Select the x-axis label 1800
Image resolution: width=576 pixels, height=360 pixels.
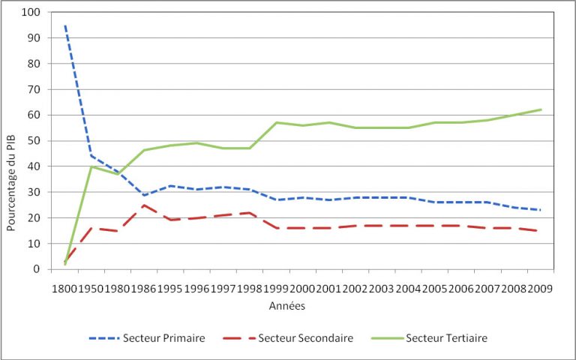pos(64,288)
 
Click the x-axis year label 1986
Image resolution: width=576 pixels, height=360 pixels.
pos(144,288)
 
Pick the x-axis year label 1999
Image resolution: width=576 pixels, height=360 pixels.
pos(277,288)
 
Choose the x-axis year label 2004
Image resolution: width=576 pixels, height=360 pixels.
pos(409,288)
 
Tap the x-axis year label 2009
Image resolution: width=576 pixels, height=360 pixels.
pos(541,288)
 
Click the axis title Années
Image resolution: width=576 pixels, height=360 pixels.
pos(287,306)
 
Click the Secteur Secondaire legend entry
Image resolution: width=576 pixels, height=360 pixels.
pos(290,338)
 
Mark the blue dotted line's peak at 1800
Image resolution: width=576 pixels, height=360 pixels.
pos(65,26)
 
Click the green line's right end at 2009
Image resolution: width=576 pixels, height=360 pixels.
pos(541,109)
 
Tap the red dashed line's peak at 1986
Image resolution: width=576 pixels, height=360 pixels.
pos(144,205)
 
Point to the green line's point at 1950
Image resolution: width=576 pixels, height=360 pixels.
pos(91,166)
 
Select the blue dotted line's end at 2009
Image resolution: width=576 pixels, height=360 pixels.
pos(541,210)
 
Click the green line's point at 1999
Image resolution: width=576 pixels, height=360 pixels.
pos(277,122)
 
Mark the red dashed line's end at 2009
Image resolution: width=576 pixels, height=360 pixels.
pos(541,231)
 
